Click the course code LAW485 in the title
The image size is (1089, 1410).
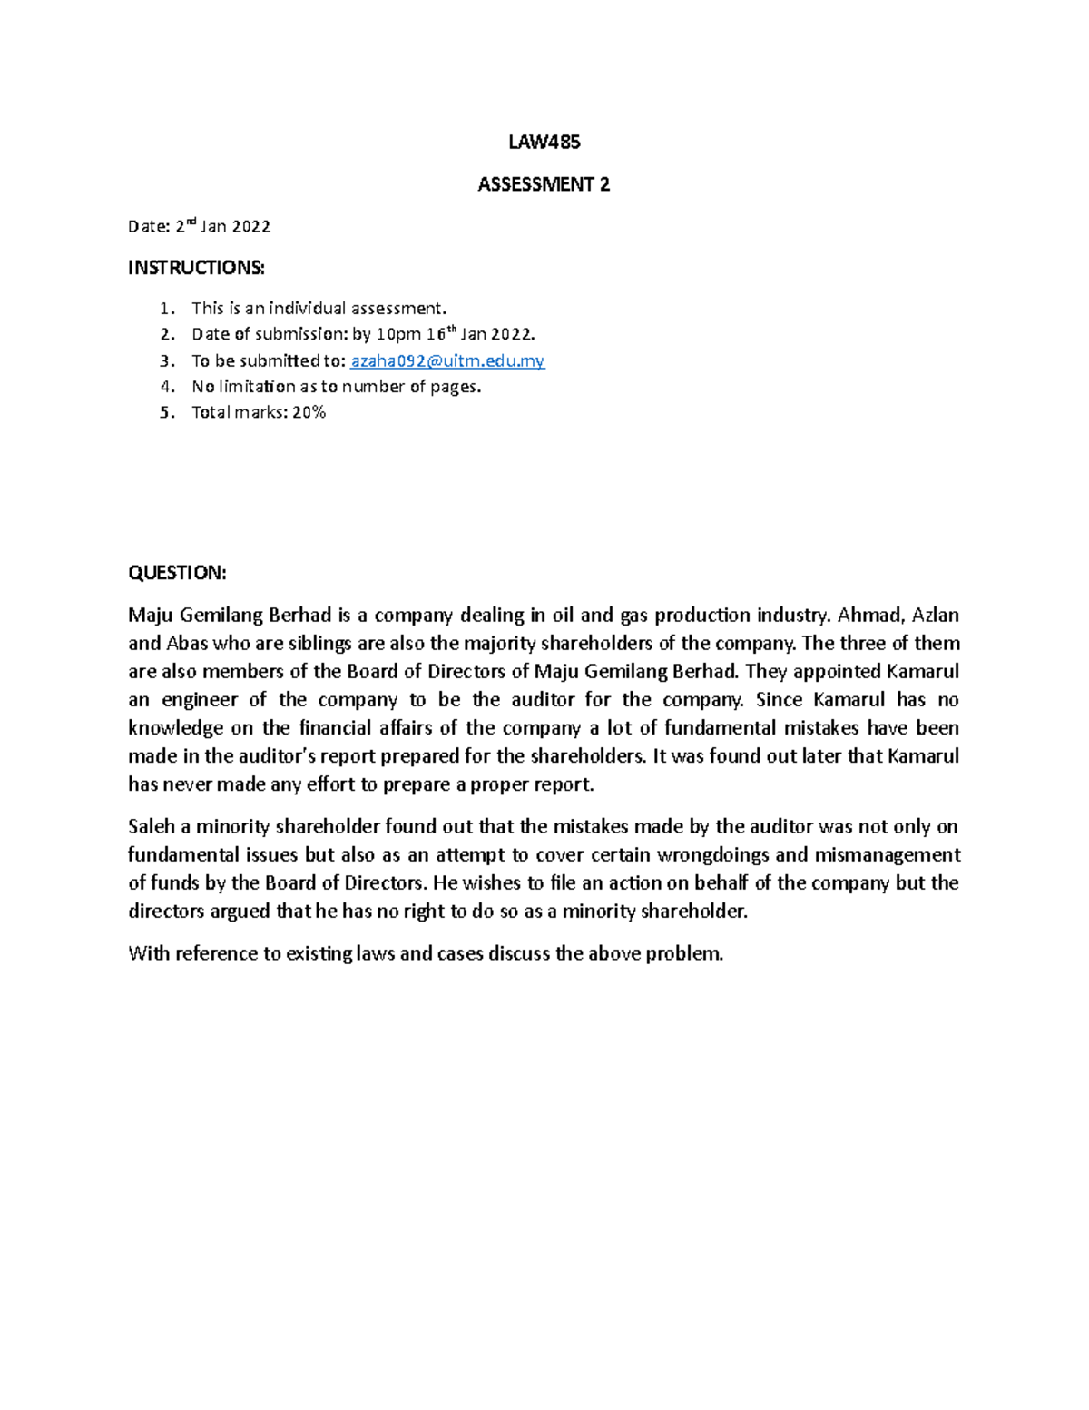coord(544,142)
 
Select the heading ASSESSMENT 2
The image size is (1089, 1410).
coord(544,184)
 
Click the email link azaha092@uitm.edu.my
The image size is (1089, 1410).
coord(446,360)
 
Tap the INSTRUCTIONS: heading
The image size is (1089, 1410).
coord(196,267)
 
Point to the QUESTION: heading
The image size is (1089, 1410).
coord(177,572)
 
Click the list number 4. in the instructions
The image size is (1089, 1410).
coord(166,386)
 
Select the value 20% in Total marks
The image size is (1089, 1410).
coord(309,411)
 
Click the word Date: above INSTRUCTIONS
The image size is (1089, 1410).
coord(149,226)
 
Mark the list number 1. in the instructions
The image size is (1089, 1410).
coord(166,308)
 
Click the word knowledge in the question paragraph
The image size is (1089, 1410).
coord(175,727)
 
